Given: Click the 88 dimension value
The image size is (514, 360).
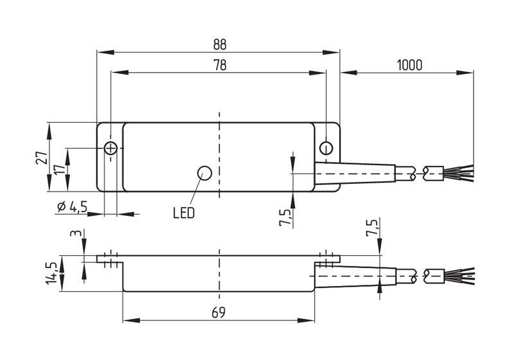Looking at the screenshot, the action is tap(220, 44).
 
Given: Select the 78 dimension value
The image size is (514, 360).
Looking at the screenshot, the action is tap(220, 65).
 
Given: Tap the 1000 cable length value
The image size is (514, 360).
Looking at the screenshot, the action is tap(409, 65).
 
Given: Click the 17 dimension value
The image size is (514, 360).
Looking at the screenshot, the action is tap(59, 170).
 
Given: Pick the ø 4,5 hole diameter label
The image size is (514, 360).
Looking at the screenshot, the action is tap(72, 206).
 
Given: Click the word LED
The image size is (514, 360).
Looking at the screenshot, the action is tap(184, 213).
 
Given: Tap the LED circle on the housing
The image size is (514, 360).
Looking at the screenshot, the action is tap(204, 173).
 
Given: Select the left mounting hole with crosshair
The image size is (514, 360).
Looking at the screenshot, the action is tap(111, 148).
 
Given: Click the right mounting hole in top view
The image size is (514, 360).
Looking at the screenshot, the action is tap(326, 148).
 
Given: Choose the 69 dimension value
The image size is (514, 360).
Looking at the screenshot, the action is tap(218, 313).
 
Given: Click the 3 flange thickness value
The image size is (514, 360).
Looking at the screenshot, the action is tap(76, 233).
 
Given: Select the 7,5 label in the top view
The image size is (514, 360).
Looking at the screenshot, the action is tap(285, 217).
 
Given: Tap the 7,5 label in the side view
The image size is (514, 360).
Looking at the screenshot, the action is tap(372, 227).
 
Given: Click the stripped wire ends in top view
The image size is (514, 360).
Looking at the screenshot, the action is tap(458, 173).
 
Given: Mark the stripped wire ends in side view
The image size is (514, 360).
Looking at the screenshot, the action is tap(459, 276).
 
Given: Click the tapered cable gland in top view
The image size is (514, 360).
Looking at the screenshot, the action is tap(355, 173).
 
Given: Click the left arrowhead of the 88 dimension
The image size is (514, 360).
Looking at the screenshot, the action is tap(105, 53).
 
